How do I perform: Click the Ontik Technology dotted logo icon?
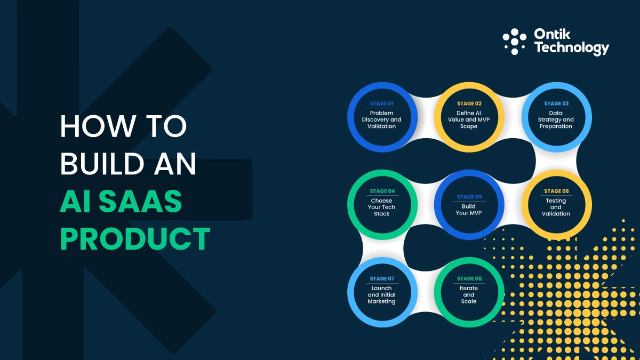tap(515, 42)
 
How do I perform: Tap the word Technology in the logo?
tap(571, 48)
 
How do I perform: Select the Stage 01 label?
tap(381, 103)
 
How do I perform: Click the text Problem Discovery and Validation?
tap(381, 120)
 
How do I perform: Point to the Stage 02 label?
tap(469, 103)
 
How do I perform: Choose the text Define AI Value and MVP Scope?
tap(469, 120)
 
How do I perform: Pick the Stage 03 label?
tap(556, 103)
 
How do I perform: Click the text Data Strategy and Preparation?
tap(556, 120)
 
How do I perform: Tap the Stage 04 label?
tap(382, 191)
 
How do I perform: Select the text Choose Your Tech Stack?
tap(382, 207)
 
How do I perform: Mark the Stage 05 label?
tap(469, 197)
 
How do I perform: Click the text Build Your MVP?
tap(469, 210)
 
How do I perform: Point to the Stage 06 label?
tap(556, 191)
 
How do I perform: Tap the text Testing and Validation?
tap(556, 207)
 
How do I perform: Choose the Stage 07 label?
tap(382, 278)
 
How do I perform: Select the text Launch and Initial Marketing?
tap(382, 295)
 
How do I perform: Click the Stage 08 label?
tap(469, 278)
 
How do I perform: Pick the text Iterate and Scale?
tap(469, 295)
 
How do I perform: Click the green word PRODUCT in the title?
tap(135, 238)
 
